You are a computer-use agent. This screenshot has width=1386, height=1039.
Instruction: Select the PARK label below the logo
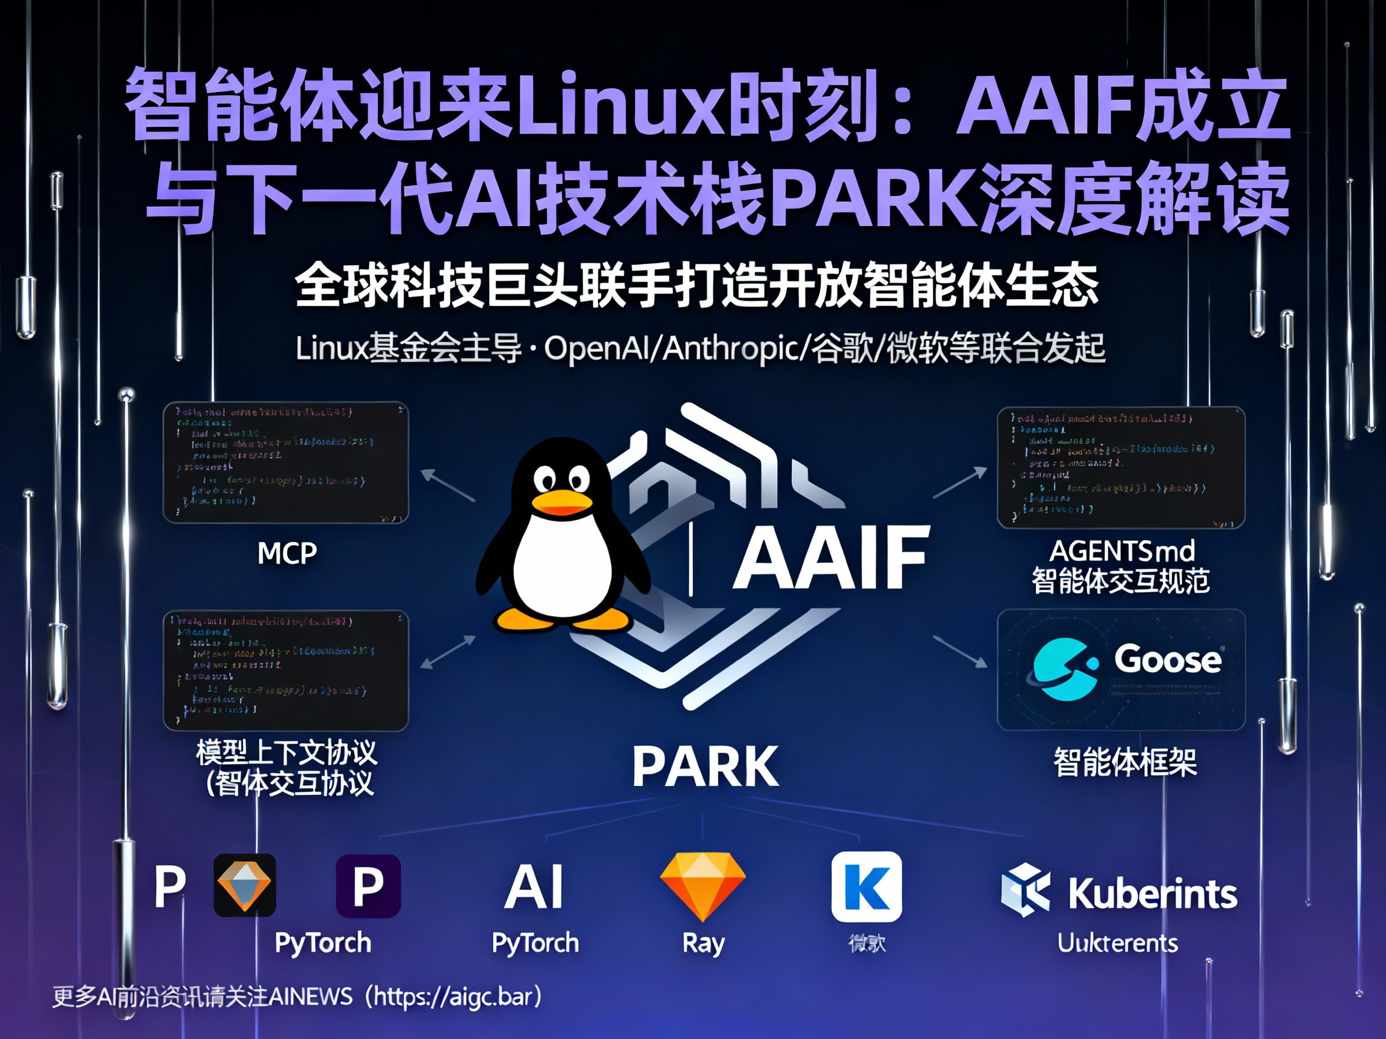tap(706, 767)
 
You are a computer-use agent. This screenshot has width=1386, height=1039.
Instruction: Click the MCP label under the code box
tap(287, 553)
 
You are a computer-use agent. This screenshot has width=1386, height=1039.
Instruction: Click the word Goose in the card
tap(1167, 660)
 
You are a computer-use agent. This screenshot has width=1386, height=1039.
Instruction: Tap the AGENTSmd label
tap(1121, 551)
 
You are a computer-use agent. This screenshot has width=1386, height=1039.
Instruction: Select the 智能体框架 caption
tap(1125, 762)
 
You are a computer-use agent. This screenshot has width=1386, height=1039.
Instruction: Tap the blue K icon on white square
tap(867, 886)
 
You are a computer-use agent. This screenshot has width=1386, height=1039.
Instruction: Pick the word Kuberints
tap(1152, 893)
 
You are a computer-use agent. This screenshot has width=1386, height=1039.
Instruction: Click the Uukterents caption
tap(1118, 943)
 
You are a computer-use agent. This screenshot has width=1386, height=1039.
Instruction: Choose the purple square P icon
tap(368, 886)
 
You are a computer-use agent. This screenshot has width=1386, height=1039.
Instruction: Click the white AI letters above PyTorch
tap(534, 887)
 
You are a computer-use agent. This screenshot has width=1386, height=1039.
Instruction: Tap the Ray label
tap(703, 943)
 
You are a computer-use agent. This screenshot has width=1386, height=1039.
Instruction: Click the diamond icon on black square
tap(245, 885)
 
